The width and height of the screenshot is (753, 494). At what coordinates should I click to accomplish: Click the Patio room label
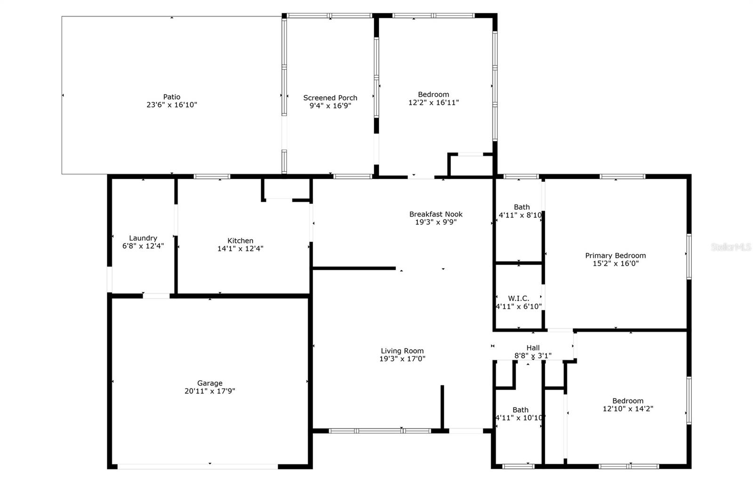click(172, 97)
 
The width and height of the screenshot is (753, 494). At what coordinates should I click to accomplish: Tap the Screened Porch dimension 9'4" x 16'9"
click(330, 106)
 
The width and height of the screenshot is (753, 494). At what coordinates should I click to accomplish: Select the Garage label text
click(210, 383)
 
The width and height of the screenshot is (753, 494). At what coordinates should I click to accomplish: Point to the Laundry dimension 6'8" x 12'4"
click(143, 246)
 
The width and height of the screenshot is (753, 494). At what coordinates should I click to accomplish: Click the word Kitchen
click(240, 241)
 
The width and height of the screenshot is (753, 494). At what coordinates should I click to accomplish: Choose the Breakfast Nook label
click(436, 214)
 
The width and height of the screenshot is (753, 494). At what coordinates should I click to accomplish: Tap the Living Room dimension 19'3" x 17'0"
click(402, 359)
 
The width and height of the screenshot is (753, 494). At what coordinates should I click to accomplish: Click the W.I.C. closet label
click(519, 298)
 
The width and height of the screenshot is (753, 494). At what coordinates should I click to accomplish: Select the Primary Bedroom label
click(615, 256)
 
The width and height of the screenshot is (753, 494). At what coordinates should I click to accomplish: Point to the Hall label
click(533, 348)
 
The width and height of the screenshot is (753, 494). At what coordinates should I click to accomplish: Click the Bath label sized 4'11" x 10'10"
click(520, 410)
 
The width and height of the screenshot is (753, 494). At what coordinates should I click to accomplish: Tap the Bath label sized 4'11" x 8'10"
click(521, 207)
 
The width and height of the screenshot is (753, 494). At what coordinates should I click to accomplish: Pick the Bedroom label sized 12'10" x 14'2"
click(628, 401)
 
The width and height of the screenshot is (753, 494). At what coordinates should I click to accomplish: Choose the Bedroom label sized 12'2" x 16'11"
click(433, 94)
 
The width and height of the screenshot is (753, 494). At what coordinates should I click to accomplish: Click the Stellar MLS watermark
click(731, 247)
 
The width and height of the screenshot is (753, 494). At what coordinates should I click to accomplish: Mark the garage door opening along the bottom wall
click(198, 466)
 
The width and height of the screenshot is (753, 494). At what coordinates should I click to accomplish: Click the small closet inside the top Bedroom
click(471, 165)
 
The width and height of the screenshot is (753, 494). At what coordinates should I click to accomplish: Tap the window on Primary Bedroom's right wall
click(689, 257)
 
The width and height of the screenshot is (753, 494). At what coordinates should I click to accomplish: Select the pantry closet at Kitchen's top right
click(286, 189)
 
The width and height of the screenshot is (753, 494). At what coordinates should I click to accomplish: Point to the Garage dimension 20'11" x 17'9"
click(210, 391)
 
